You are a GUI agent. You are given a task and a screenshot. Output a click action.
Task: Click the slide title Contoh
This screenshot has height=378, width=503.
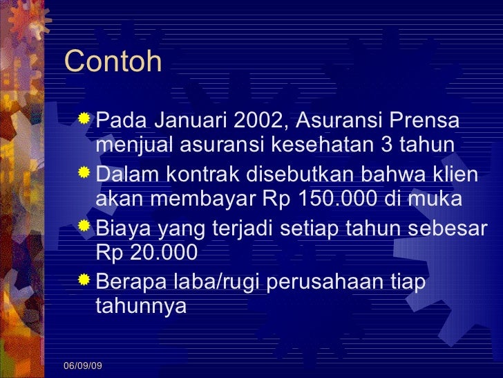point(113,62)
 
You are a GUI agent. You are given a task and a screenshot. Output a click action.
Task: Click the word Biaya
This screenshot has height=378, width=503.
point(124,227)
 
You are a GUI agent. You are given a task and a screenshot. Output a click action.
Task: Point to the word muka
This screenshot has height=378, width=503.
point(435,199)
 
